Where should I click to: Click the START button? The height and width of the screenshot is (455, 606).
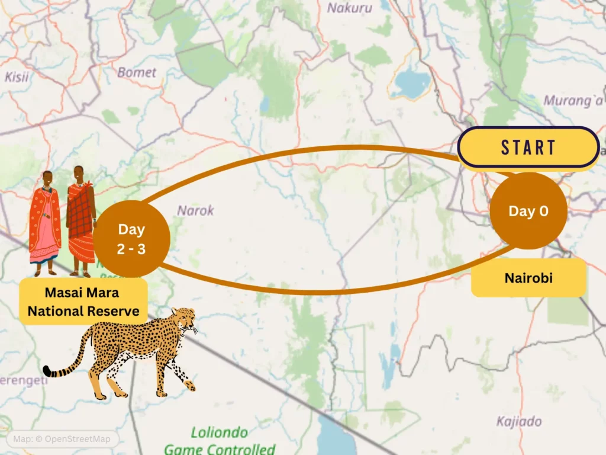click(x=528, y=147)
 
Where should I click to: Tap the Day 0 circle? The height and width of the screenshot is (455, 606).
click(x=528, y=211)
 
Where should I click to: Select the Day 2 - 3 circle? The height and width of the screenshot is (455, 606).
click(x=131, y=239)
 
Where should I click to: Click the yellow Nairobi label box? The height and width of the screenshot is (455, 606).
click(x=528, y=277)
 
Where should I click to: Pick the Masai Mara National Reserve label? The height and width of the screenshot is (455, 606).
click(x=83, y=302)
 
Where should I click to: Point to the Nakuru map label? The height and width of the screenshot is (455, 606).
click(x=350, y=8)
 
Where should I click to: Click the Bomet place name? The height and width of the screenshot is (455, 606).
click(x=137, y=72)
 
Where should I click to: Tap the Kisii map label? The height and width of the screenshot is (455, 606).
click(x=17, y=76)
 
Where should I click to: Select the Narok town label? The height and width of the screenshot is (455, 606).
click(x=195, y=210)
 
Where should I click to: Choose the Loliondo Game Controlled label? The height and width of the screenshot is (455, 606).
click(x=220, y=440)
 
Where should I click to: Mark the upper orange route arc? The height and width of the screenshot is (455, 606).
click(x=308, y=150)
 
